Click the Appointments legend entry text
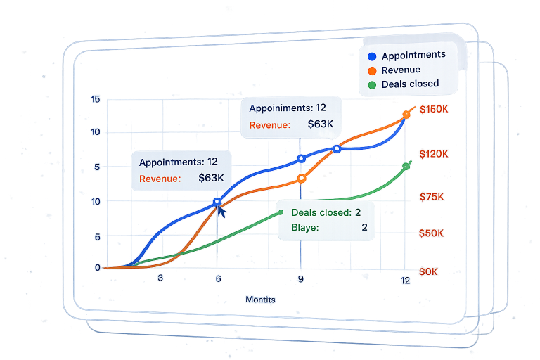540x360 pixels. (413, 55)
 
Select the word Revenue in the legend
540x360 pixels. (401, 70)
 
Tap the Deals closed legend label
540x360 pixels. (410, 84)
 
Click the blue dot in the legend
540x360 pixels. (372, 56)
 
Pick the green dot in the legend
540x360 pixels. (372, 84)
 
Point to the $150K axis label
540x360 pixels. (433, 110)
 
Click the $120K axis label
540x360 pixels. (433, 154)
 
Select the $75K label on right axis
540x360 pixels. (431, 197)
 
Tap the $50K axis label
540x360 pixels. (431, 233)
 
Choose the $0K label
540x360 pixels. (428, 271)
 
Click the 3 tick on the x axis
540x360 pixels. (160, 278)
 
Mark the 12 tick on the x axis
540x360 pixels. (405, 281)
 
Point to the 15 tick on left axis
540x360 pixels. (96, 100)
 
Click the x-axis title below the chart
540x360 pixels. (260, 300)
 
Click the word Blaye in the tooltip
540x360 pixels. (304, 227)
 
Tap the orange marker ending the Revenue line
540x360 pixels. (406, 114)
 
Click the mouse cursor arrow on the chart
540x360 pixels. (221, 211)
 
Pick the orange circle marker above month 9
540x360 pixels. (301, 179)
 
